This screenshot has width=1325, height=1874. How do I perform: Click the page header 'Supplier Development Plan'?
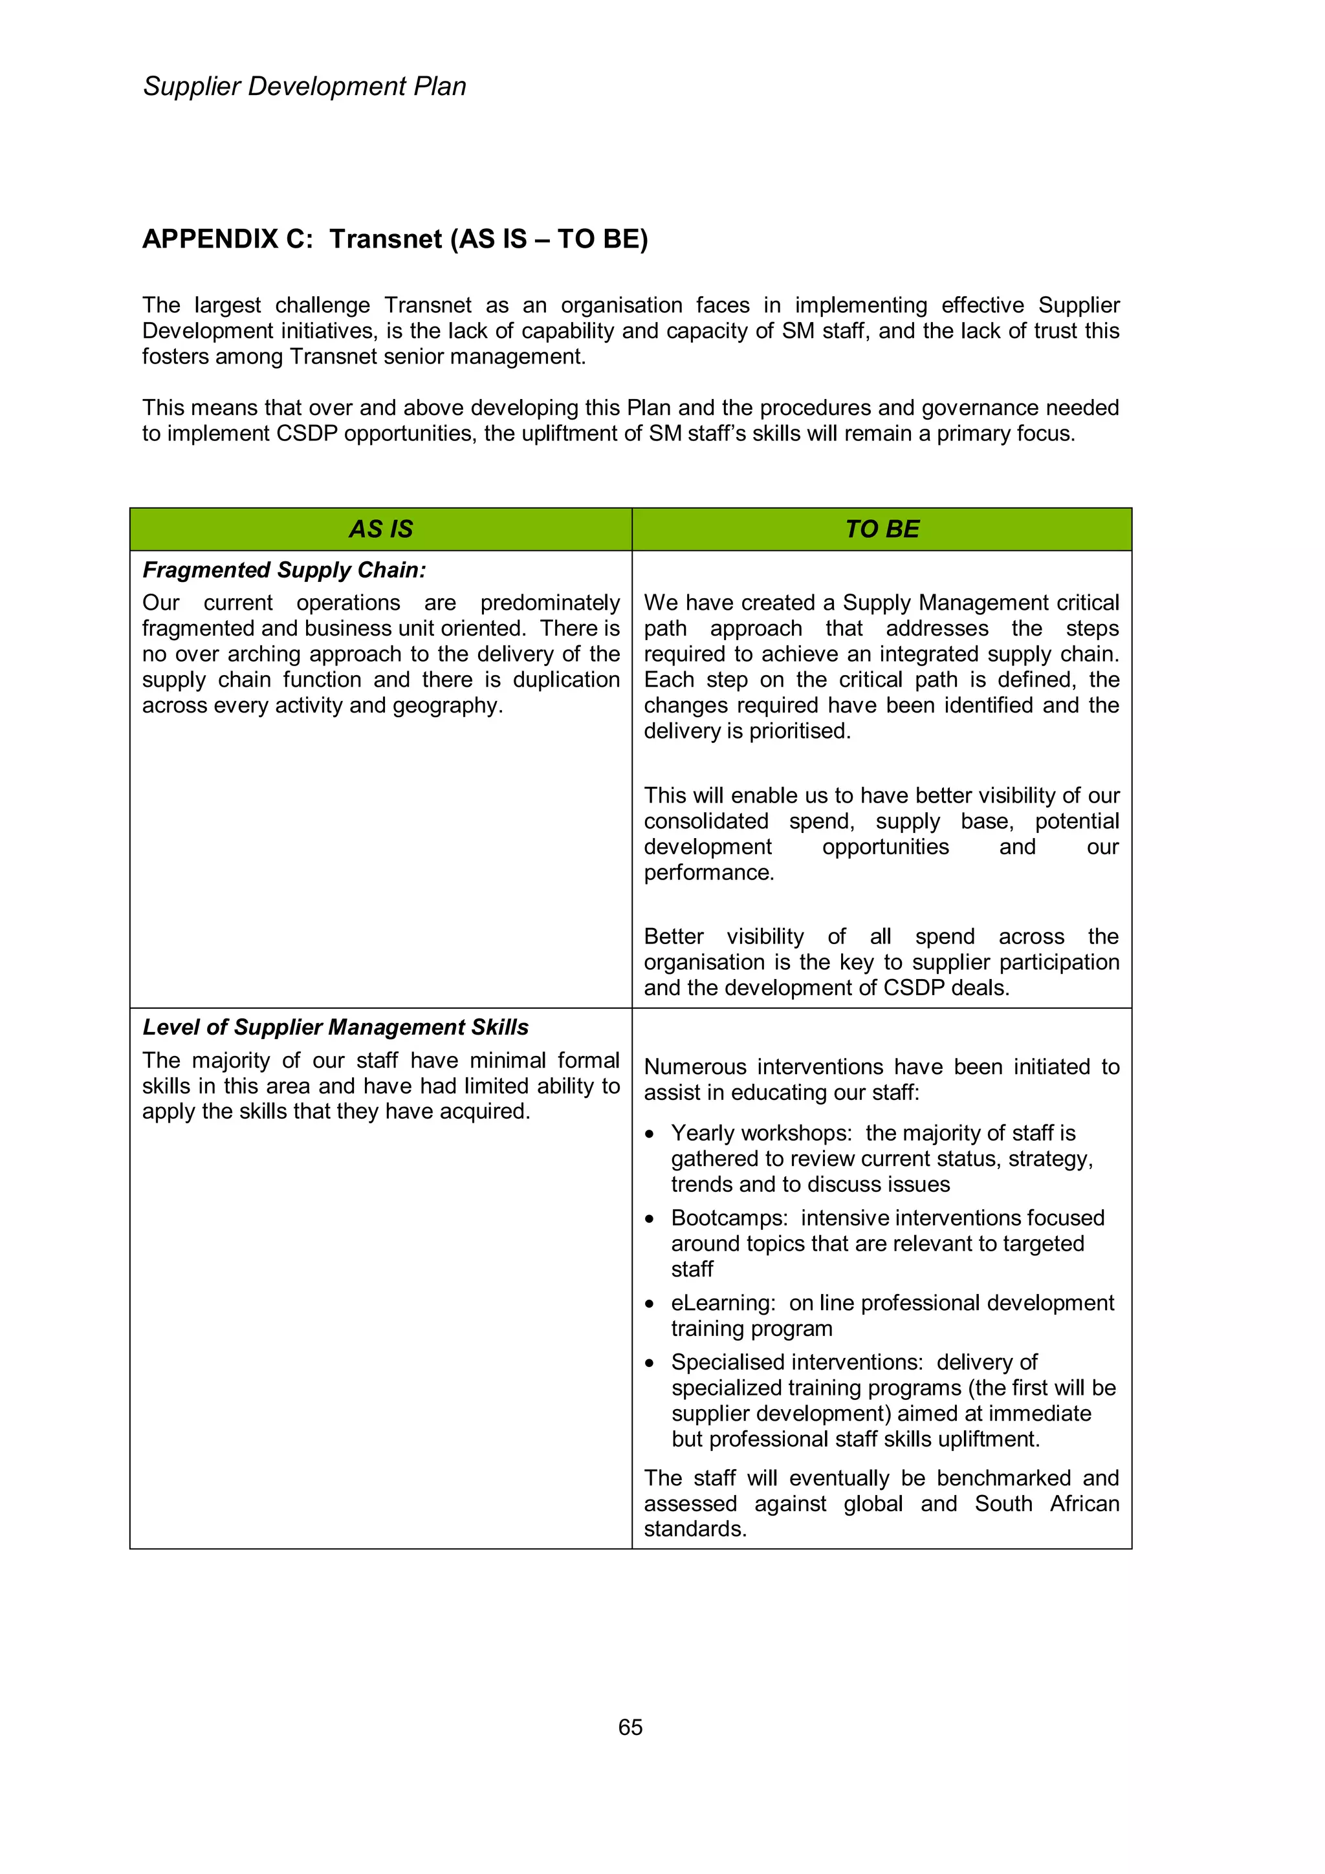[305, 87]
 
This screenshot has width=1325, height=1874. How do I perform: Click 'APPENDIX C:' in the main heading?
[228, 239]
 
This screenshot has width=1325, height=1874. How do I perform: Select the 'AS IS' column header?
[380, 529]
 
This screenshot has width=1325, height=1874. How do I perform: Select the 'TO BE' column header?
[882, 529]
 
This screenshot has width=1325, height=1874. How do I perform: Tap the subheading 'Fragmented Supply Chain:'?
[284, 570]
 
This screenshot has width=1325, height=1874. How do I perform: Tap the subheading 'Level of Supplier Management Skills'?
[336, 1027]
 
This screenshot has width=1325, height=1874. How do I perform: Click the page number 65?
[630, 1727]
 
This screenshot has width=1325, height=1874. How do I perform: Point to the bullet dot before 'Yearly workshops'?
[650, 1134]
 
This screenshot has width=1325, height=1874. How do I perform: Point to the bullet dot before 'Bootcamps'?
[650, 1220]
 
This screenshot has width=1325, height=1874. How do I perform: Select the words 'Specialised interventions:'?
[797, 1362]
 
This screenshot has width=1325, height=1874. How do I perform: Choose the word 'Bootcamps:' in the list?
[729, 1218]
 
